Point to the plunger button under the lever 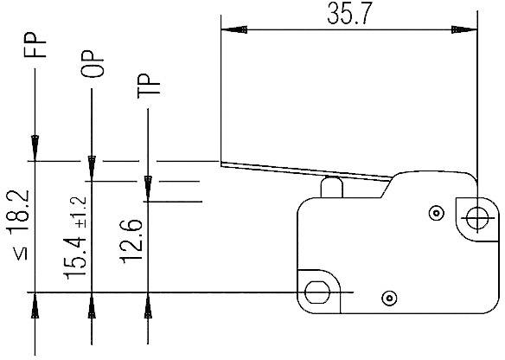[x=330, y=187]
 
